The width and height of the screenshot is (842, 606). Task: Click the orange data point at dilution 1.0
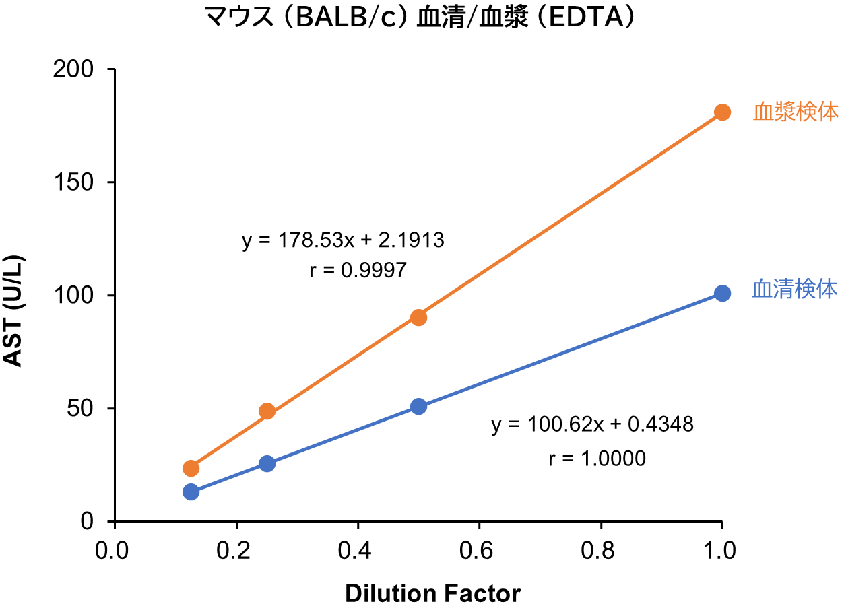(x=722, y=112)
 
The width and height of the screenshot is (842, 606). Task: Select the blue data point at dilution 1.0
(x=722, y=294)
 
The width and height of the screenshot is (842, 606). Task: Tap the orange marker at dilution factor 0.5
(x=418, y=317)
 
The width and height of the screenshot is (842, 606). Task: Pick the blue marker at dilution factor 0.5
(x=418, y=407)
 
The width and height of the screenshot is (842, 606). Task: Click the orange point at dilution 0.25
(x=267, y=411)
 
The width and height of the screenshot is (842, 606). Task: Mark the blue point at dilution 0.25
(x=267, y=463)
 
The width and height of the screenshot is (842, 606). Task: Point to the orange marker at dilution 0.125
(x=191, y=468)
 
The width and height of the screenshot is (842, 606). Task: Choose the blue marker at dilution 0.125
(x=191, y=492)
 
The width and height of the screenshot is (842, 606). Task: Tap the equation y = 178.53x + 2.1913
(x=343, y=240)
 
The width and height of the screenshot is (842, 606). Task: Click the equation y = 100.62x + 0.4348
(x=592, y=425)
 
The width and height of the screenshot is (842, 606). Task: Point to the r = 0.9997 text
(x=358, y=271)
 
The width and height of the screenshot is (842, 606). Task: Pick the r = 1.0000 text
(x=597, y=459)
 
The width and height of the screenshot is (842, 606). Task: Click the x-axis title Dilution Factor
(x=432, y=593)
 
